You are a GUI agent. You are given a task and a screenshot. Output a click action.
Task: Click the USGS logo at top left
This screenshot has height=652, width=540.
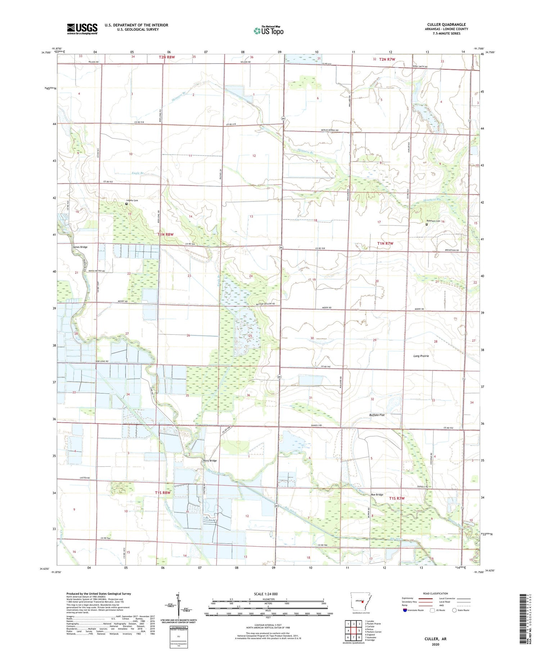(82, 29)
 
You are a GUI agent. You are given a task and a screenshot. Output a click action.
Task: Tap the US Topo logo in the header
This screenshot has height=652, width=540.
(268, 31)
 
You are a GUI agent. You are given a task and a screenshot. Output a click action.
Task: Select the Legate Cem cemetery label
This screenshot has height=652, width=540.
(132, 200)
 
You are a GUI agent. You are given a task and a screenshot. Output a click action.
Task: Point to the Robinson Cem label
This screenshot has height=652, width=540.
(433, 221)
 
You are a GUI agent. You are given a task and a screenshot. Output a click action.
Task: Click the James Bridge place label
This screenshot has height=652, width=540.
(80, 247)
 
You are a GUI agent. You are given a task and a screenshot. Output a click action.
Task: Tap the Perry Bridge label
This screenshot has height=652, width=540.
(210, 461)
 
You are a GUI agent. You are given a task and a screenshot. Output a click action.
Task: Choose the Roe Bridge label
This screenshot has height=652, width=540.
(378, 494)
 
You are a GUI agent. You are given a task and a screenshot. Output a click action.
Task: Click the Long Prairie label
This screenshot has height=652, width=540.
(421, 356)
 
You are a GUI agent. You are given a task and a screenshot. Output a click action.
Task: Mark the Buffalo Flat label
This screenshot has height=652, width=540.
(377, 415)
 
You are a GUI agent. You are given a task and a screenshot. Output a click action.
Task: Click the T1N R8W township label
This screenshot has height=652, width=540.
(166, 234)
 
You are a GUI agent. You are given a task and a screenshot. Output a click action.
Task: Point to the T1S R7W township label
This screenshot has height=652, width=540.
(397, 498)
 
